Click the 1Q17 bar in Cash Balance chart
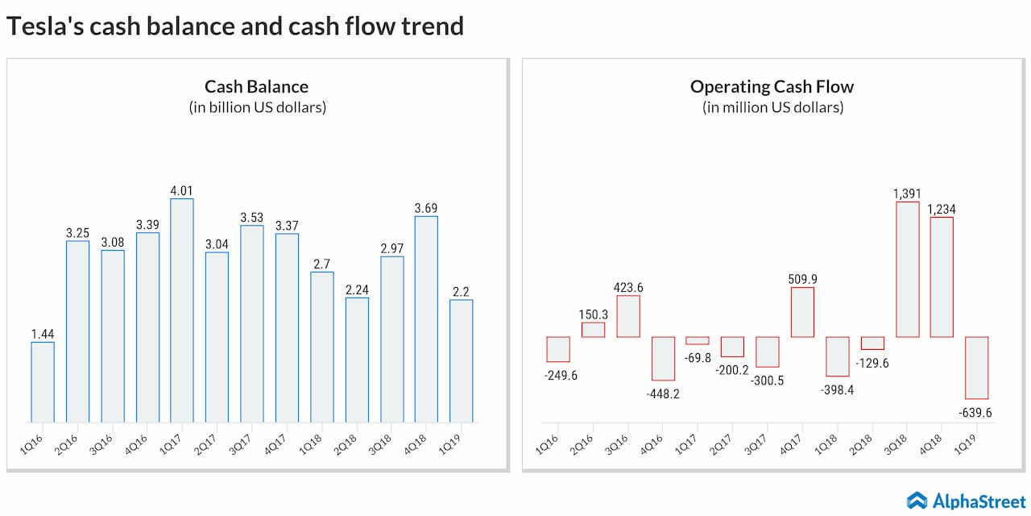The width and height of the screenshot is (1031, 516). (x=182, y=310)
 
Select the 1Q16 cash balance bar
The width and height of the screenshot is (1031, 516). (x=43, y=382)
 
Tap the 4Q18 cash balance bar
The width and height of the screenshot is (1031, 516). (x=426, y=319)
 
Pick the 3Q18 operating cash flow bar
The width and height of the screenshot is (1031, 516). (x=908, y=269)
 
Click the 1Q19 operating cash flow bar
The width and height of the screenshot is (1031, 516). (x=976, y=368)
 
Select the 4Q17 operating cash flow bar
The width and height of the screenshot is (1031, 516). (x=802, y=312)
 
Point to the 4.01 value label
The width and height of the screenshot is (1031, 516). (x=182, y=190)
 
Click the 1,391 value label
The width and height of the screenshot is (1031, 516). (x=908, y=193)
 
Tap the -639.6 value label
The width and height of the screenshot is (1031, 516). (x=976, y=413)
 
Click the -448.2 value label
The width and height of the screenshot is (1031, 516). (x=663, y=394)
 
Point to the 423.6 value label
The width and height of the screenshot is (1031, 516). (x=628, y=287)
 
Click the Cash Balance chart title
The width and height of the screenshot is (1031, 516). (x=256, y=86)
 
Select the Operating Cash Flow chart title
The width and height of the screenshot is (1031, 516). (x=772, y=86)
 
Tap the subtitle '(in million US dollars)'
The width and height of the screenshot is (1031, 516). (x=772, y=107)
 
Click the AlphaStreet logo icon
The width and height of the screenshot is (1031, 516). (x=917, y=500)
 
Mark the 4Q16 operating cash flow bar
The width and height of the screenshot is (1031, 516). (x=663, y=358)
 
